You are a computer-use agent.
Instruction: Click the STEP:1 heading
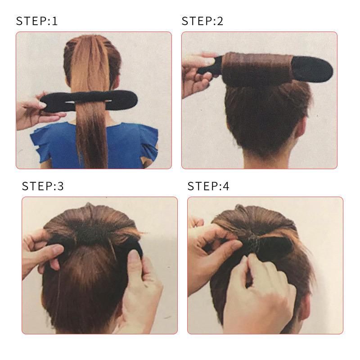[x=37, y=21]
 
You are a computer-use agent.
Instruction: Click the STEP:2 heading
[x=202, y=21]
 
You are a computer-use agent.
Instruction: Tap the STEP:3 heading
[x=43, y=186]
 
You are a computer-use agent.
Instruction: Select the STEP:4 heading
[x=208, y=186]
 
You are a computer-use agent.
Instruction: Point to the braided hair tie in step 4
[x=255, y=243]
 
